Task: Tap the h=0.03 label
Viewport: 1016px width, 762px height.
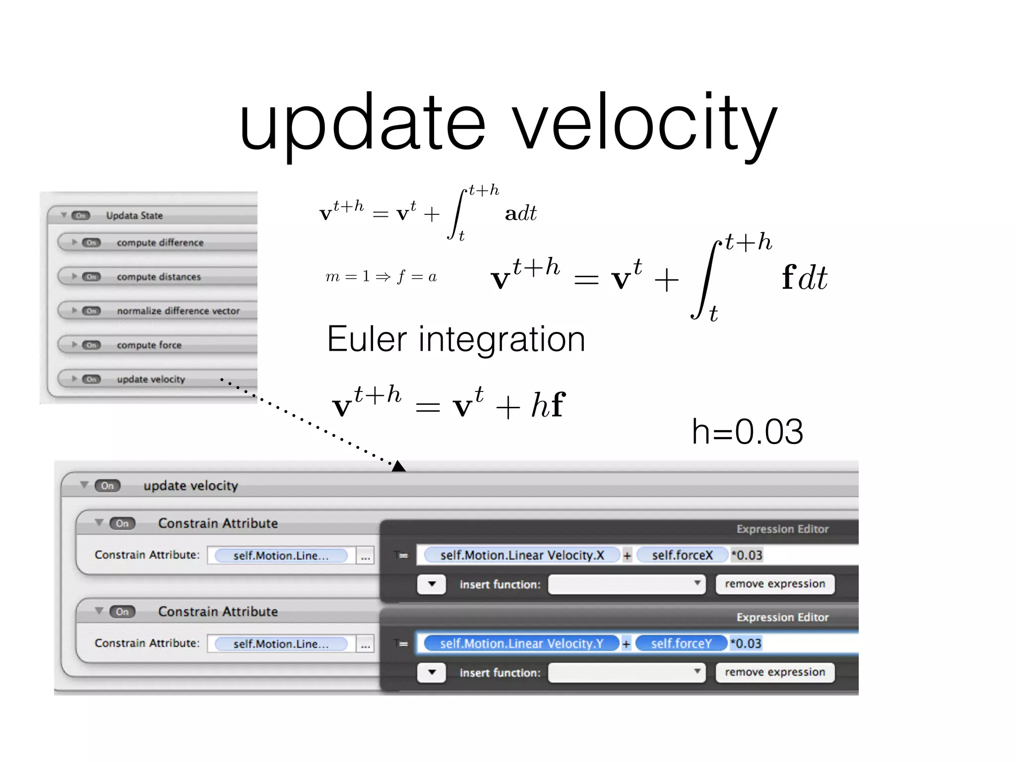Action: coord(747,432)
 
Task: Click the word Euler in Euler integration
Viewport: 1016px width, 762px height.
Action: coord(367,340)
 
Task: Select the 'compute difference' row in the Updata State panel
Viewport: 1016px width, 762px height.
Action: coord(160,243)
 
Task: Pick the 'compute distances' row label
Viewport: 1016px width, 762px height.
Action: coord(159,277)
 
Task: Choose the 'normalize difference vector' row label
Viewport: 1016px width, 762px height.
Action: coord(178,311)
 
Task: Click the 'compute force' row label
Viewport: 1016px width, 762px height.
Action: coord(149,345)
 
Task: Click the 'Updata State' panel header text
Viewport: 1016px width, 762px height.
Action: coord(134,215)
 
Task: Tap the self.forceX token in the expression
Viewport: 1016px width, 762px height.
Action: coord(682,555)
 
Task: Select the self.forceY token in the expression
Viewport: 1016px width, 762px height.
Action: coord(681,643)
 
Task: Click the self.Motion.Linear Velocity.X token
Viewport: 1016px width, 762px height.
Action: coord(522,555)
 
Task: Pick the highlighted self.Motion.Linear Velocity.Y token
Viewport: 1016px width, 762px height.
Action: coord(521,643)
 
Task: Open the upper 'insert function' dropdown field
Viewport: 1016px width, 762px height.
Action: coord(627,584)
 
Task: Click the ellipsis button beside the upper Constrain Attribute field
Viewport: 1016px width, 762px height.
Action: coord(365,556)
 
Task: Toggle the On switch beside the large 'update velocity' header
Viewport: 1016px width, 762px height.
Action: coord(108,486)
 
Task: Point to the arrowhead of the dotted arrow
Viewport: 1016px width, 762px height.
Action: coord(398,466)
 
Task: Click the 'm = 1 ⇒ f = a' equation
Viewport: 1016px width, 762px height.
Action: coord(381,276)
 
